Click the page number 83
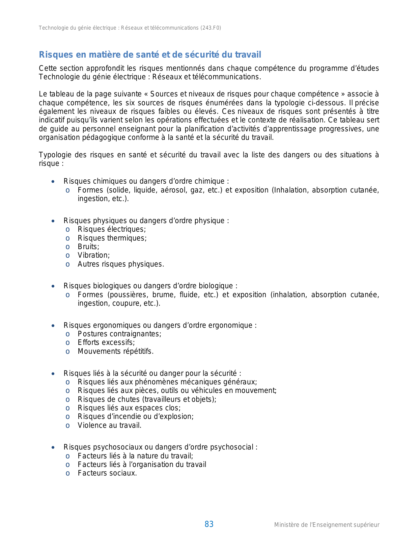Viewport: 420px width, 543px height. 209,524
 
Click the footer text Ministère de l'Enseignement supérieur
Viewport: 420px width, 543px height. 326,525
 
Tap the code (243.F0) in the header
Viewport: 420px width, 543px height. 211,28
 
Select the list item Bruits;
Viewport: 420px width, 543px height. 88,247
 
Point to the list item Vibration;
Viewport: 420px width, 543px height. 94,255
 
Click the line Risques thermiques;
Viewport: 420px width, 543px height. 112,238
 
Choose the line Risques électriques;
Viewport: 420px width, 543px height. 112,229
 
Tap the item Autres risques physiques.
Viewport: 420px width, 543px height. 121,264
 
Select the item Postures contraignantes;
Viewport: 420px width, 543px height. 119,334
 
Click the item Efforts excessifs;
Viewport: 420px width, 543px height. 106,343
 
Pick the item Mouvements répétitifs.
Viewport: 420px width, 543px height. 115,351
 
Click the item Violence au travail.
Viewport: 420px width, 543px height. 109,426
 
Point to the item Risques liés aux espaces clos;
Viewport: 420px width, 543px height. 129,408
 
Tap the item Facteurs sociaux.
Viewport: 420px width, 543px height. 107,473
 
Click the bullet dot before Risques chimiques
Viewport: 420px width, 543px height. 53,182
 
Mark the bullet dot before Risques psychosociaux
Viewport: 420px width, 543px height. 53,448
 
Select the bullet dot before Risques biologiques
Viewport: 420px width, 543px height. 53,286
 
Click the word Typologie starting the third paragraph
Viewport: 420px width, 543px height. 53,155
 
